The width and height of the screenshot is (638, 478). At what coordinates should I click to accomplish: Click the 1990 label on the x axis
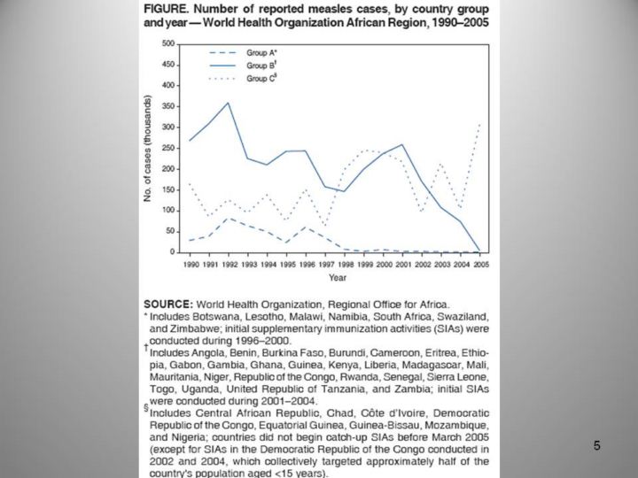189,265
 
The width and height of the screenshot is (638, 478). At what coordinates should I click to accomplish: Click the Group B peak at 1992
228,103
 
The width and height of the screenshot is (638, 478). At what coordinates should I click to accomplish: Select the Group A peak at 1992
228,218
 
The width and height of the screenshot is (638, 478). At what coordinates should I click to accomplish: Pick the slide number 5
597,446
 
